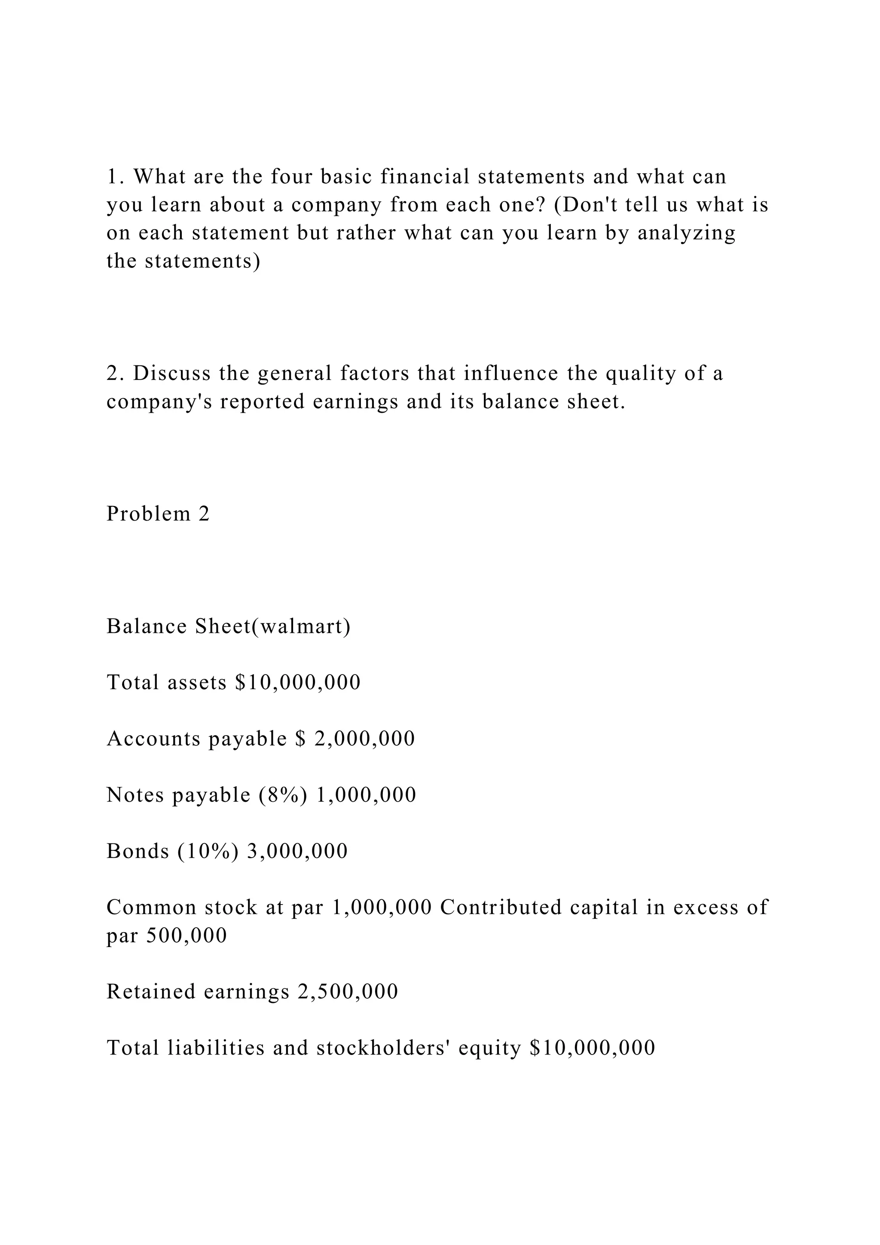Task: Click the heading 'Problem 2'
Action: (158, 513)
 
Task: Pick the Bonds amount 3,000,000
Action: (297, 851)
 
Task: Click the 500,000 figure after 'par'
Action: (186, 935)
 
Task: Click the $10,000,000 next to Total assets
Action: (298, 682)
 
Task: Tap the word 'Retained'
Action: (151, 992)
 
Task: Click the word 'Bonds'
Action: (137, 851)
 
